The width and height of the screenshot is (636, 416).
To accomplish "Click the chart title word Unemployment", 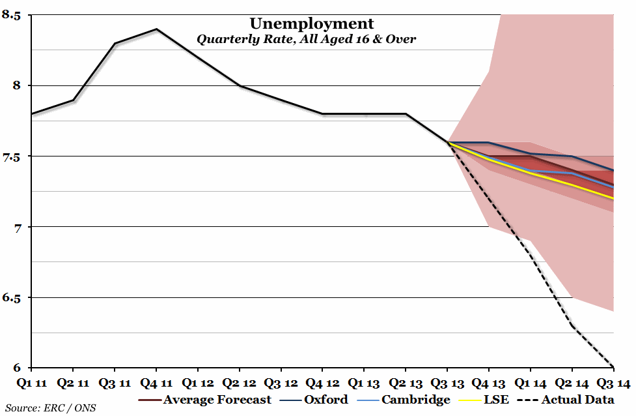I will point(312,24).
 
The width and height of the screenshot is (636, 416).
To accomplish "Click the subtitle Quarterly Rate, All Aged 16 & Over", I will point(306,39).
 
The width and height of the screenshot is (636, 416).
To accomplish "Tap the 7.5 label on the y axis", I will point(12,157).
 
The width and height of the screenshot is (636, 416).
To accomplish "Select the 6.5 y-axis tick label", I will point(12,298).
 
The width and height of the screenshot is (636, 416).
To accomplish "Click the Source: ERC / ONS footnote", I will point(51,409).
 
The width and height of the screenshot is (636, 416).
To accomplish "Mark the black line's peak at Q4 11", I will point(156,29).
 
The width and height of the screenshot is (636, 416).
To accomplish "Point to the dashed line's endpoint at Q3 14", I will point(613,367).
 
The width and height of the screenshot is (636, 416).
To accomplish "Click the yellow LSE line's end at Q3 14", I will point(613,199).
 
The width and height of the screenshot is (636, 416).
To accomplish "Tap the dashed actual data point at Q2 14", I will point(572,326).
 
